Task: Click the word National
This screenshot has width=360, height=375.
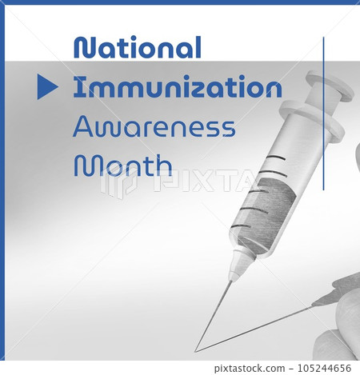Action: coord(137,48)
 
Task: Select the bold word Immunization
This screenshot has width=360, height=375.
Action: coord(177,87)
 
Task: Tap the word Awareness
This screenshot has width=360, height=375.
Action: coord(154,126)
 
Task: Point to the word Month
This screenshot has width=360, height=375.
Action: coord(123,165)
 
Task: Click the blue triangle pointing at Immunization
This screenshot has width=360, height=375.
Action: coord(47,87)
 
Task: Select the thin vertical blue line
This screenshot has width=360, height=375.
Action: coord(323,112)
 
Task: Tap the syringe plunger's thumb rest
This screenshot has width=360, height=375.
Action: coord(330,86)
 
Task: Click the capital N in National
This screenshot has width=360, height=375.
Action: coord(83,48)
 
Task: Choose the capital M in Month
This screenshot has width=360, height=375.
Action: coord(84,165)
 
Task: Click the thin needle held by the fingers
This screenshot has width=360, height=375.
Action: coord(264,323)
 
